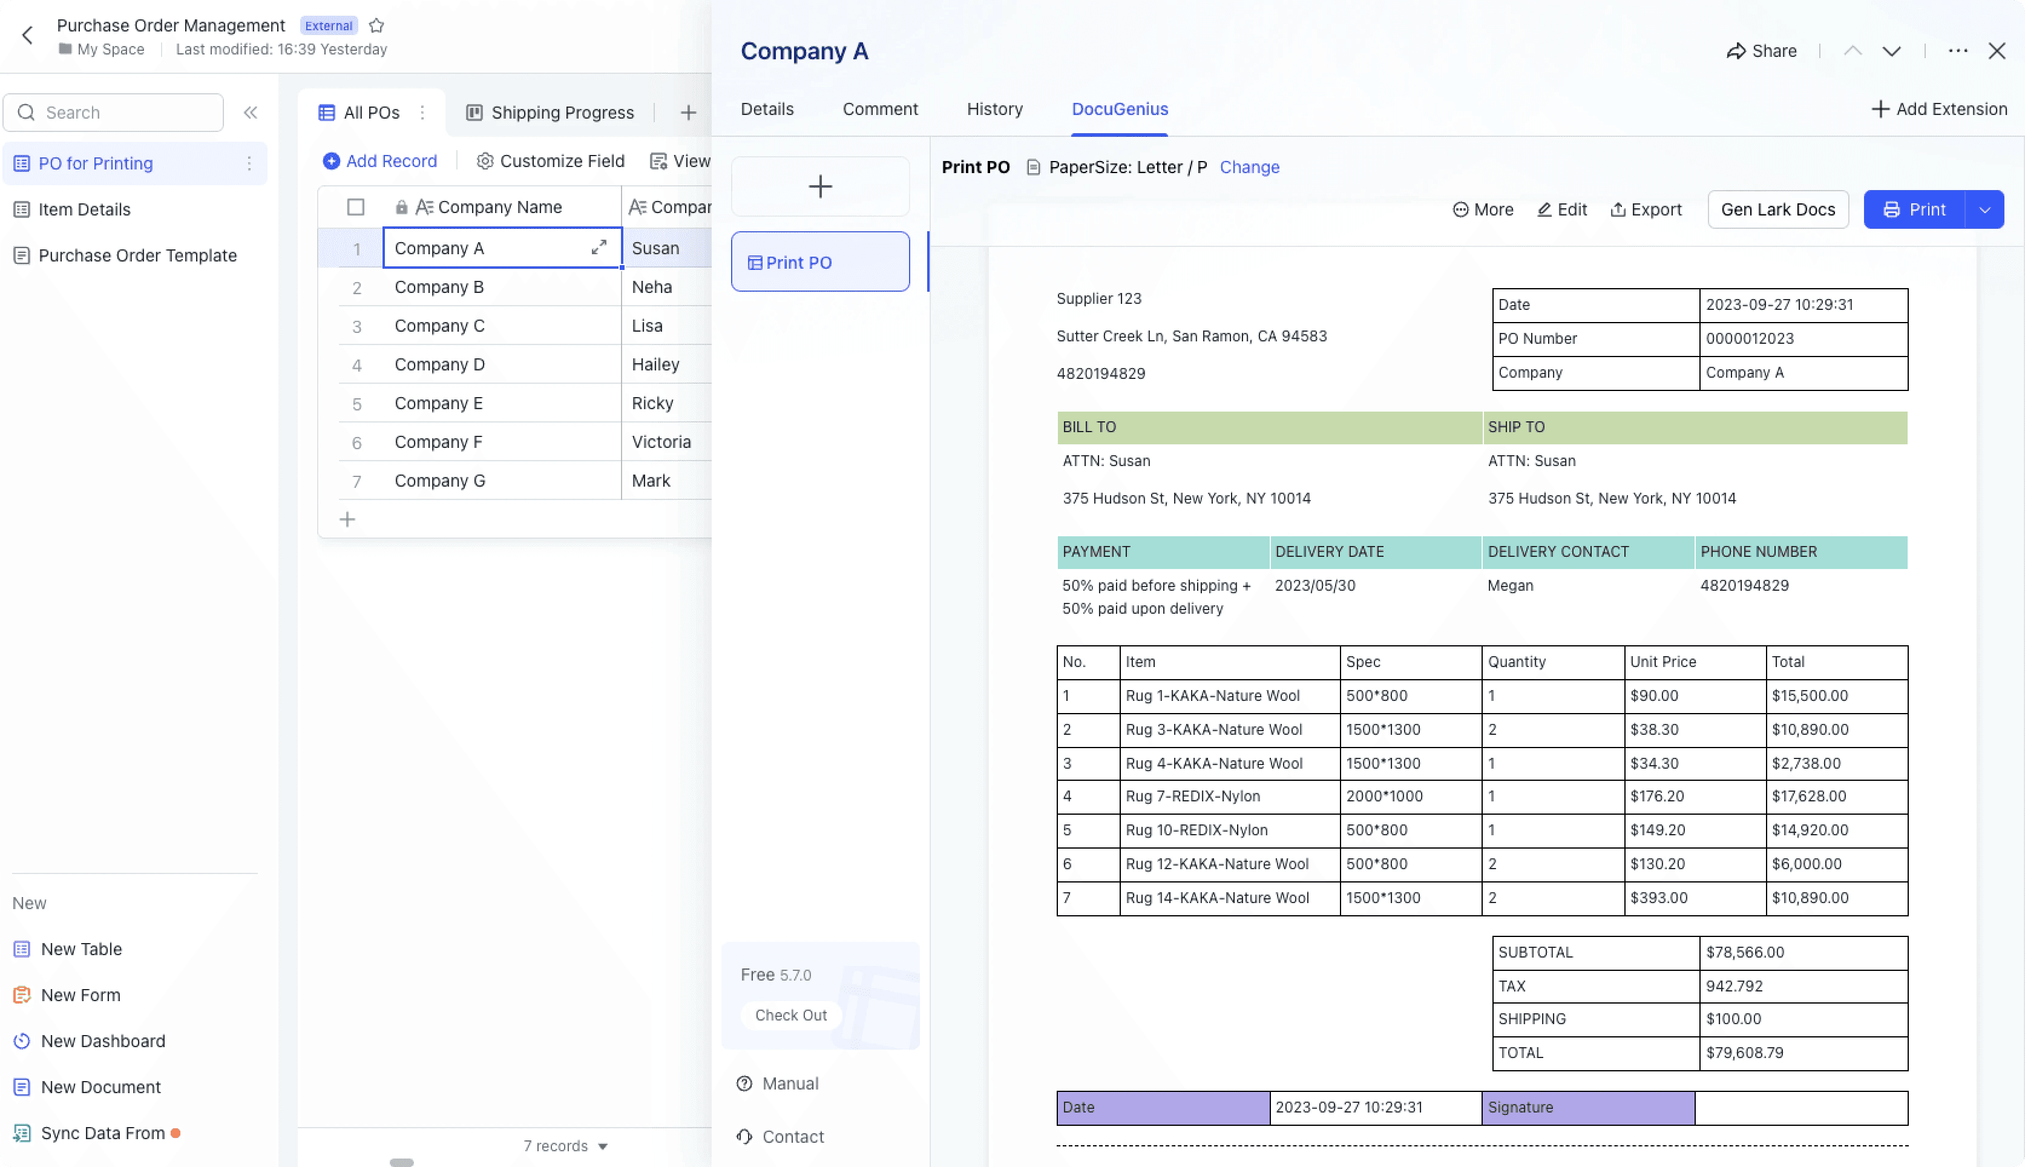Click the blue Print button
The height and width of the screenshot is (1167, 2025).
pyautogui.click(x=1914, y=209)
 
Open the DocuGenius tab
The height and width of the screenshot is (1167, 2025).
pyautogui.click(x=1120, y=109)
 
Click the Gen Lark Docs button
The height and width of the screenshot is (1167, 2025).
pyautogui.click(x=1777, y=209)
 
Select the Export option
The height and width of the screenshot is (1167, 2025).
pyautogui.click(x=1646, y=209)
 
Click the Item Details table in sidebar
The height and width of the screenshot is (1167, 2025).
pyautogui.click(x=84, y=209)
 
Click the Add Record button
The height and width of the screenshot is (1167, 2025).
pyautogui.click(x=380, y=161)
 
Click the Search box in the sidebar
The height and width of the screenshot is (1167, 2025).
pyautogui.click(x=114, y=112)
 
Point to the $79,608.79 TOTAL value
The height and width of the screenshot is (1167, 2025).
pyautogui.click(x=1745, y=1053)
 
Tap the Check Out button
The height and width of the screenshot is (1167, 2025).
pyautogui.click(x=790, y=1014)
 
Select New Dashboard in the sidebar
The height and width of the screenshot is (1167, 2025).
pyautogui.click(x=102, y=1041)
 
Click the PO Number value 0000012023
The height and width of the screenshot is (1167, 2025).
pyautogui.click(x=1750, y=338)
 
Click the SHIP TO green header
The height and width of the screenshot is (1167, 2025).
pyautogui.click(x=1694, y=426)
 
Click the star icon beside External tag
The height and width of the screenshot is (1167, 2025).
pyautogui.click(x=376, y=25)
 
